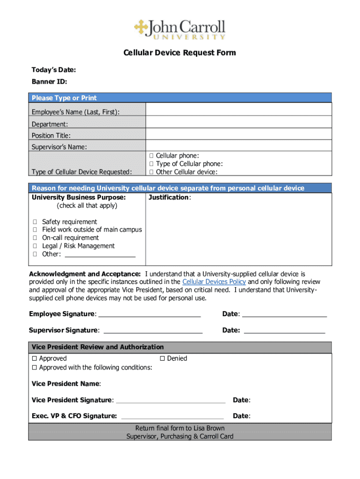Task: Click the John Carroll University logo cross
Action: (x=141, y=27)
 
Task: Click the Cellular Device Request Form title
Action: (x=180, y=53)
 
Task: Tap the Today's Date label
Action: (x=54, y=70)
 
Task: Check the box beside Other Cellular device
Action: (x=151, y=172)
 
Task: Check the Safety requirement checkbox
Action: (x=35, y=222)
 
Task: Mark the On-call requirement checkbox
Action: (x=35, y=238)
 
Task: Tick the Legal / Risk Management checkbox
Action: (x=35, y=246)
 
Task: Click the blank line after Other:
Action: (x=100, y=255)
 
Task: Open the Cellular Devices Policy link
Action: (x=214, y=282)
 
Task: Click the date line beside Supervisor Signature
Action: (x=284, y=331)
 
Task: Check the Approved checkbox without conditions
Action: (x=35, y=359)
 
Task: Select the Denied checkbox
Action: (x=163, y=359)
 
